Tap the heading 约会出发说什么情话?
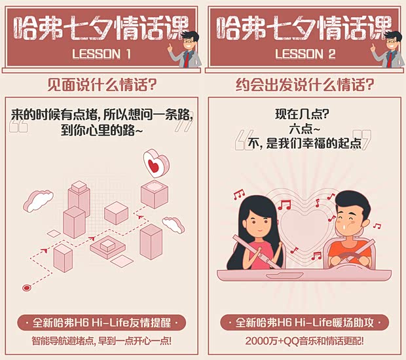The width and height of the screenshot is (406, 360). coord(305,85)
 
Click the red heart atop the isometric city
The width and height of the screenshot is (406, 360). coord(155,164)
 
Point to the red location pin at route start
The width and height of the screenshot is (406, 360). coord(27,287)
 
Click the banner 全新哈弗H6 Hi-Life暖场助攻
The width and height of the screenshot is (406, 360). coord(304,323)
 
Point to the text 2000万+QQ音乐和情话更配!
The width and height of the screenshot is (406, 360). coord(304,342)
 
